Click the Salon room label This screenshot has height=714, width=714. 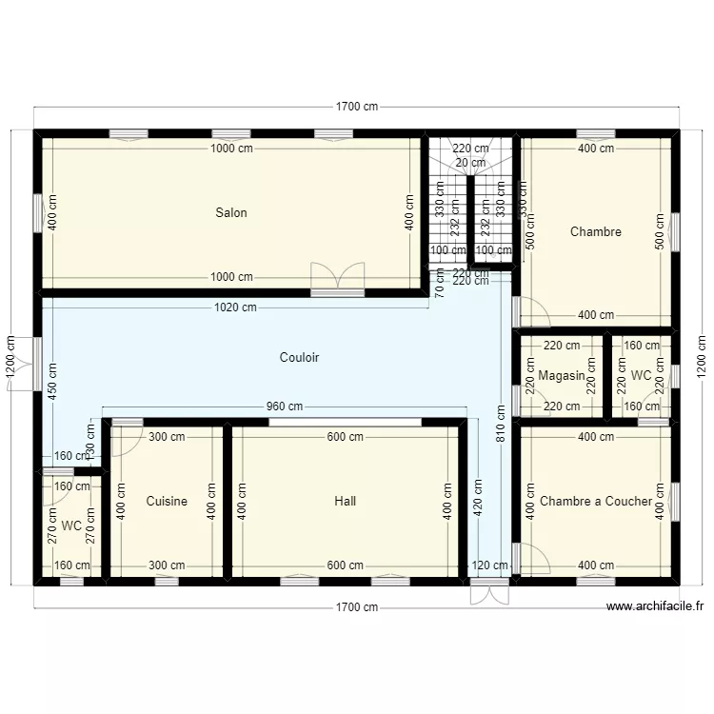click(230, 212)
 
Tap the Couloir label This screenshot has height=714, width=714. click(299, 358)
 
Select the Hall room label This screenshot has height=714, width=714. click(345, 501)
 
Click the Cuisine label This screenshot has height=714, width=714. click(167, 501)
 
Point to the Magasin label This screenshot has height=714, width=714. click(562, 376)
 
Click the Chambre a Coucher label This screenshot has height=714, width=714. click(596, 501)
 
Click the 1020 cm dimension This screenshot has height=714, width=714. click(235, 307)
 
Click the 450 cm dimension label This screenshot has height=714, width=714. click(51, 380)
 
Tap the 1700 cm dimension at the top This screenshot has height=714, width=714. click(356, 108)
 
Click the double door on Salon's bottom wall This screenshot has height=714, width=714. click(337, 277)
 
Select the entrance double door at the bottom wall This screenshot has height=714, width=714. click(489, 592)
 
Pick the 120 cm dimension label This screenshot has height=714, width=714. click(489, 565)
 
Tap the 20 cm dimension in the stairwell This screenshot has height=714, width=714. click(470, 163)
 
